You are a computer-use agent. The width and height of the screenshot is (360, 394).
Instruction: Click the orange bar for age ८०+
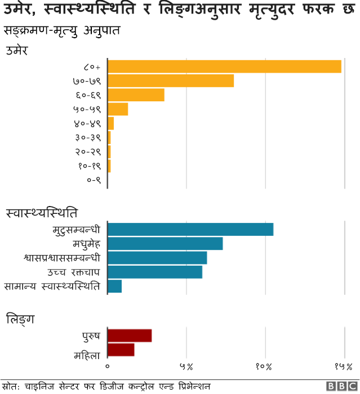(224, 66)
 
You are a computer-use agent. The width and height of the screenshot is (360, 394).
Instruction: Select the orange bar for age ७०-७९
(170, 80)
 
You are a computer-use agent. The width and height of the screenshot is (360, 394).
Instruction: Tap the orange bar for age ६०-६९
(136, 95)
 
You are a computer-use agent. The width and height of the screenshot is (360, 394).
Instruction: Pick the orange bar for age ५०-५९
(118, 109)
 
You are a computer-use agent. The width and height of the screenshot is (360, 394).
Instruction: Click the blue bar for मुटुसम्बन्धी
(190, 230)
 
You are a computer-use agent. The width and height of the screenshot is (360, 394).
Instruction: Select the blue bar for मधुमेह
(165, 244)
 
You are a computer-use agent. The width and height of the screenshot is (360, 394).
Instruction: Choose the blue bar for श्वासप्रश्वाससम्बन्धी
(157, 258)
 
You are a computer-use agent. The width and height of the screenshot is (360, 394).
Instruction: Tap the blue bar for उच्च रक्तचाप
(155, 272)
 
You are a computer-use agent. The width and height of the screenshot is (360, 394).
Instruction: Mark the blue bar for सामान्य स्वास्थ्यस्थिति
(114, 286)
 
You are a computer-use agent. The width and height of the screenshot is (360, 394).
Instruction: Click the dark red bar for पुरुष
(130, 335)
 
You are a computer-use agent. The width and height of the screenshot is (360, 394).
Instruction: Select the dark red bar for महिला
(121, 350)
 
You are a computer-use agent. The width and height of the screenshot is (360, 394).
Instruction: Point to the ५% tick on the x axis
(186, 367)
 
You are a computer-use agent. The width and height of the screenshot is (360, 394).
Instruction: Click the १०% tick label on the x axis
(264, 367)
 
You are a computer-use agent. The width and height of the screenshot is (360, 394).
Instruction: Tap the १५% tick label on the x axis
(343, 367)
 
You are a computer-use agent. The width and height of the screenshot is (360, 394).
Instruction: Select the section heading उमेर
(17, 50)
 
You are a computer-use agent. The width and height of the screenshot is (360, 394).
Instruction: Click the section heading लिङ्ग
(20, 319)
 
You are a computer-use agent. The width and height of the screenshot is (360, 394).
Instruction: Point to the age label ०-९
(94, 180)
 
